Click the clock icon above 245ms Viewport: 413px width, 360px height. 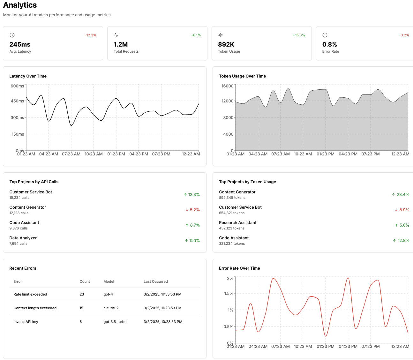pyautogui.click(x=12, y=35)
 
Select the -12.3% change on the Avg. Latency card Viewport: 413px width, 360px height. pyautogui.click(x=91, y=35)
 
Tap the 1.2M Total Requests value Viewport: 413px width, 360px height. pyautogui.click(x=121, y=44)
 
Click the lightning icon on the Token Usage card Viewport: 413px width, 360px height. pyautogui.click(x=221, y=35)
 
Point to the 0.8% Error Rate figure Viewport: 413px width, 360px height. pyautogui.click(x=329, y=44)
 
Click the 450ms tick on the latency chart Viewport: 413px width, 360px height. pyautogui.click(x=17, y=101)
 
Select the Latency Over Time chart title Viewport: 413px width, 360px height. pyautogui.click(x=28, y=76)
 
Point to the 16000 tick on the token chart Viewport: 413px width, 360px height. pyautogui.click(x=227, y=86)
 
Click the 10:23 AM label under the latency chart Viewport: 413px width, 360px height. pyautogui.click(x=94, y=154)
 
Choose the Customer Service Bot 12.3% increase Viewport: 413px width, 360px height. pyautogui.click(x=191, y=195)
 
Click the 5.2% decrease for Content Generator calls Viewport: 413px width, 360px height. pyautogui.click(x=192, y=210)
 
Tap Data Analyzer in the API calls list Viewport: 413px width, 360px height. pyautogui.click(x=23, y=238)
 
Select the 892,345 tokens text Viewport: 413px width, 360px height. pyautogui.click(x=232, y=198)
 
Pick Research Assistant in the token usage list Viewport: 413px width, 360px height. pyautogui.click(x=237, y=222)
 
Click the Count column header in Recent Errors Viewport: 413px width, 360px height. pyautogui.click(x=85, y=281)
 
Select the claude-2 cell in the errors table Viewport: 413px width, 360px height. pyautogui.click(x=111, y=308)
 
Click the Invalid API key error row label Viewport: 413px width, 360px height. pyautogui.click(x=26, y=322)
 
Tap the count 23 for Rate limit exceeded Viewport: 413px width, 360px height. pyautogui.click(x=82, y=294)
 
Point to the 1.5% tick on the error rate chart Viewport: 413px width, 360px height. pyautogui.click(x=229, y=293)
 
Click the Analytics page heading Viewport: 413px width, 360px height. pyautogui.click(x=20, y=5)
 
